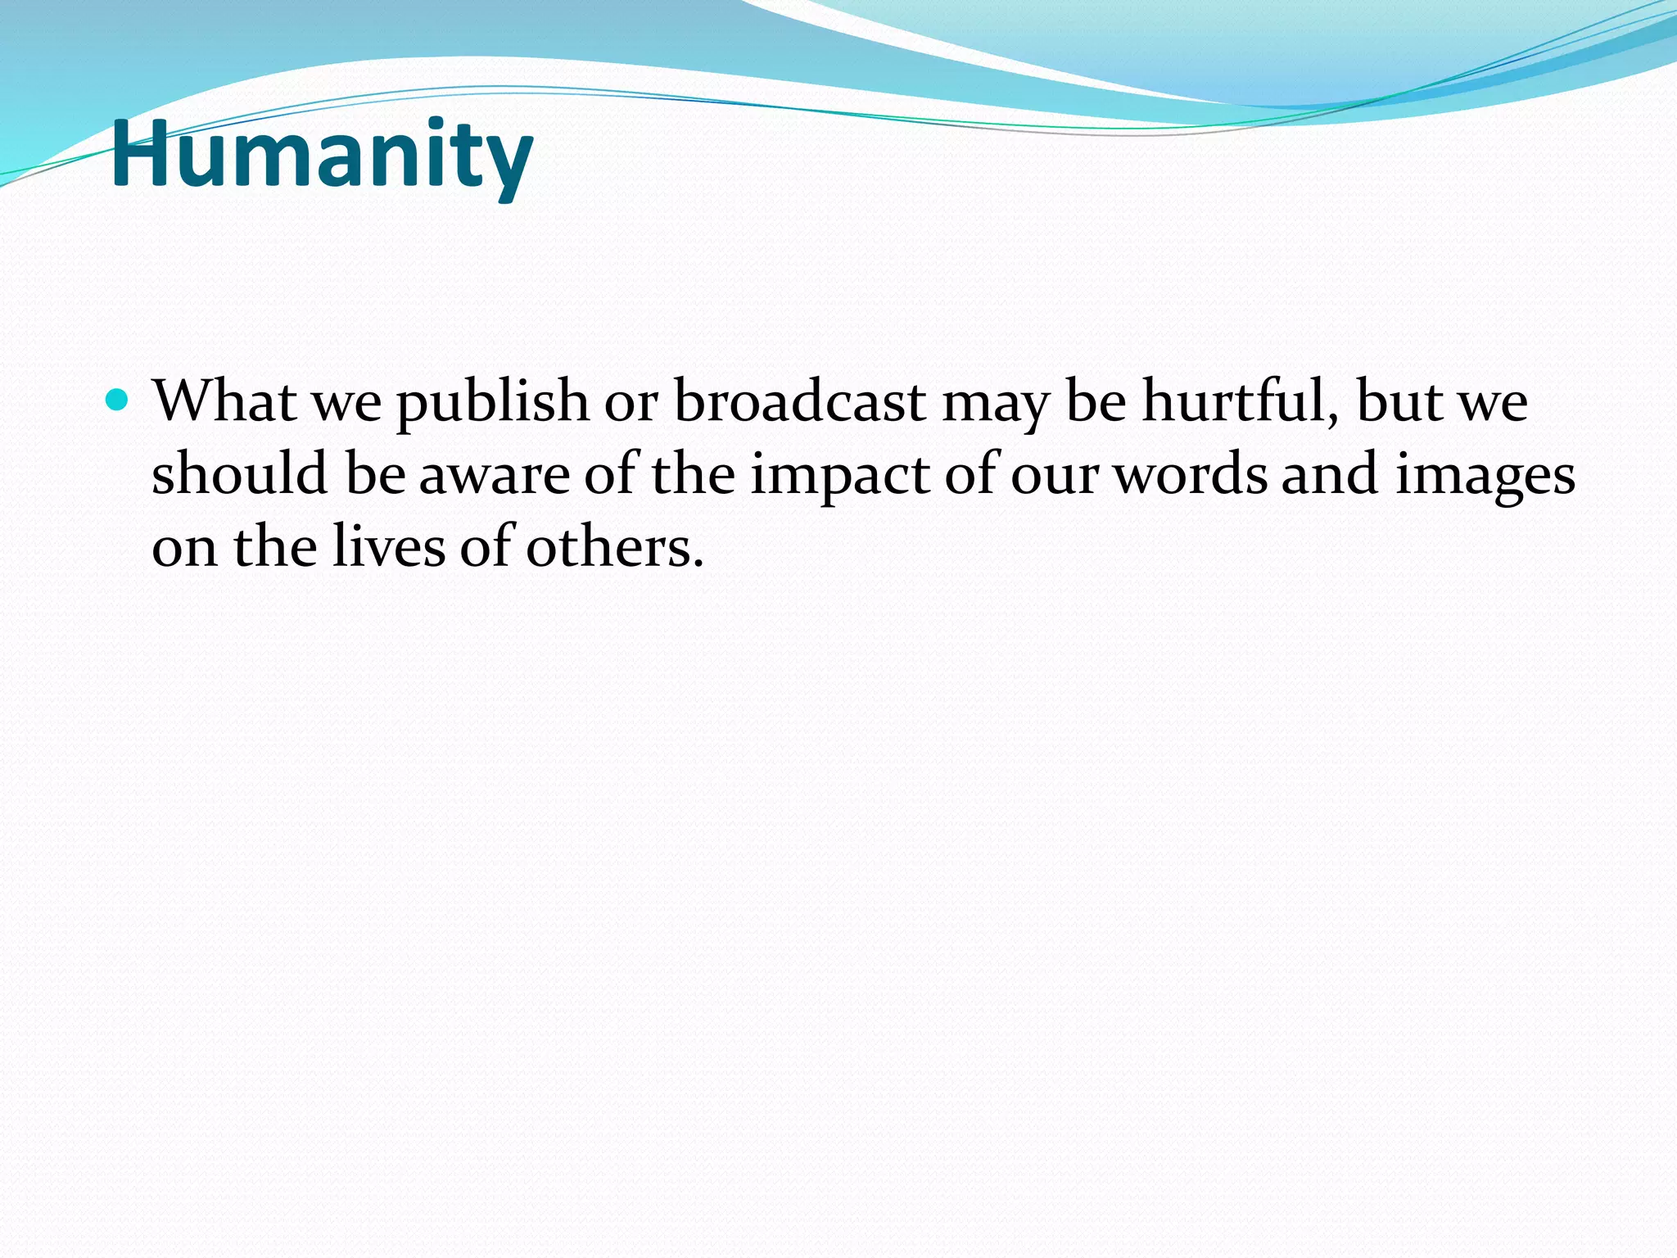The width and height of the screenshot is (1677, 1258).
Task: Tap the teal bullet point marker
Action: [x=118, y=400]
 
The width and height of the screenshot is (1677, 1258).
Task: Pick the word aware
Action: [x=494, y=476]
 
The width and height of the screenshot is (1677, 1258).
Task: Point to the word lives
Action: [x=390, y=546]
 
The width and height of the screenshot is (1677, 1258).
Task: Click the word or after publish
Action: [x=631, y=403]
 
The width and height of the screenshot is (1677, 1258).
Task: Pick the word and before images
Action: [x=1330, y=474]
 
